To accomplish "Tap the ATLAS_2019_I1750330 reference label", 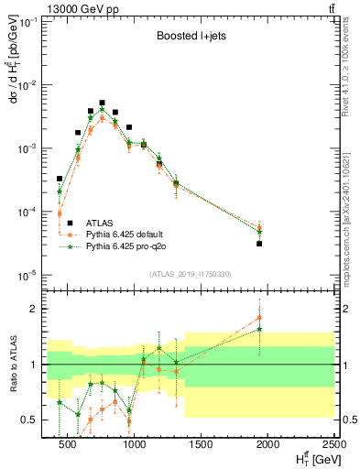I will [x=190, y=272].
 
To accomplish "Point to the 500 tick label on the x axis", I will [x=67, y=445].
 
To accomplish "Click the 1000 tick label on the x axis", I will [x=134, y=445].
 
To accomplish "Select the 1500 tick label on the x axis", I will [x=201, y=445].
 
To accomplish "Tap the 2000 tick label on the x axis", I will [x=267, y=445].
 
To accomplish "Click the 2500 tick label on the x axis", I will [x=333, y=445].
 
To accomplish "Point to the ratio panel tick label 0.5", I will [x=34, y=420].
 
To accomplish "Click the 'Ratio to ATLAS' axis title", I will [x=12, y=365].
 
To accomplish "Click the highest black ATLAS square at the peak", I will [x=103, y=103].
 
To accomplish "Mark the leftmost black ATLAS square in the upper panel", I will [x=60, y=179].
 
